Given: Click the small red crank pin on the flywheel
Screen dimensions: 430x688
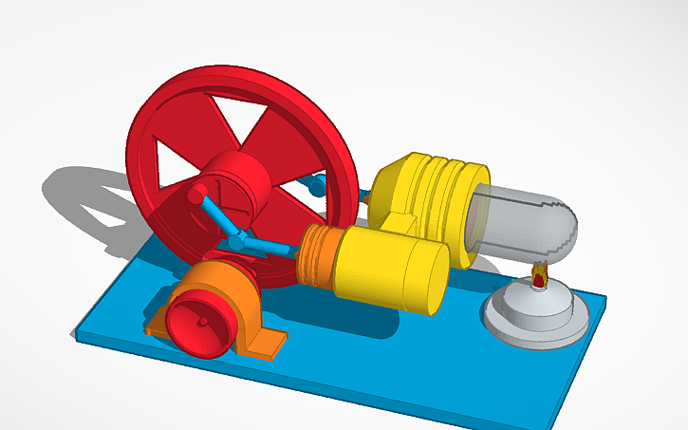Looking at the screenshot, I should point(197,195).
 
